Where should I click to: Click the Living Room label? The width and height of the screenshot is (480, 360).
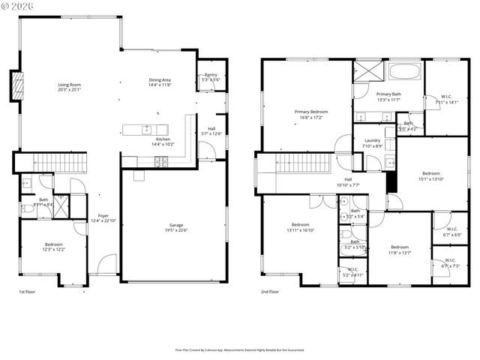(69, 86)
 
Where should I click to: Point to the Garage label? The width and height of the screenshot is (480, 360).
(175, 226)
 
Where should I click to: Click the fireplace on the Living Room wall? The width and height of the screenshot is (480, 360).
(14, 86)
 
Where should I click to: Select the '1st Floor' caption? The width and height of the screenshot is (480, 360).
(27, 292)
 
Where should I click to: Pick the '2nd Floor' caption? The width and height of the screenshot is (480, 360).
(270, 292)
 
